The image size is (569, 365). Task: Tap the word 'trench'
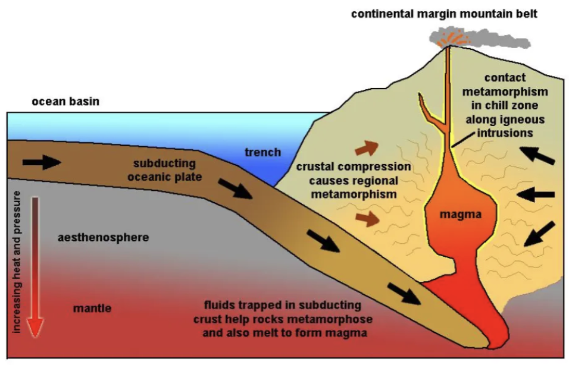262,152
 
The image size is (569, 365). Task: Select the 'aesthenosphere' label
103,238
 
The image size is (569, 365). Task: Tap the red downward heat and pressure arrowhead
36,324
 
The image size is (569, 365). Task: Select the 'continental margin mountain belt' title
444,13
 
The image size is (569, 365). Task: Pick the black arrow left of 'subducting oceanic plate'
42,162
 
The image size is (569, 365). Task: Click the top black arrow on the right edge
540,155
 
